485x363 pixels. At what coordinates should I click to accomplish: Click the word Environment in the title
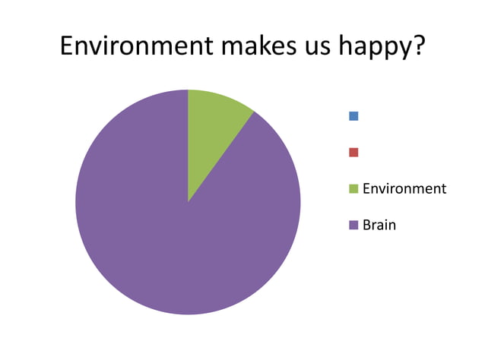click(135, 46)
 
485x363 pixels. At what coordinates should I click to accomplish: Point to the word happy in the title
click(375, 48)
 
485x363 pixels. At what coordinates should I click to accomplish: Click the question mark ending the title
click(417, 46)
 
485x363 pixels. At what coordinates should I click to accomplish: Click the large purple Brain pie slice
click(167, 228)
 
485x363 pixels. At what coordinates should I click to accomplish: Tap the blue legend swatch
click(353, 116)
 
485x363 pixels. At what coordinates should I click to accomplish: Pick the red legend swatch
click(353, 152)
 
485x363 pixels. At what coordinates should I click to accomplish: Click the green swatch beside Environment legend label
click(353, 188)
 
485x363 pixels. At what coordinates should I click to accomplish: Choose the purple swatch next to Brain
click(353, 225)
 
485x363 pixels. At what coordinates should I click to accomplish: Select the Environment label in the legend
click(404, 188)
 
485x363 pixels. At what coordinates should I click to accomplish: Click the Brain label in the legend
click(379, 225)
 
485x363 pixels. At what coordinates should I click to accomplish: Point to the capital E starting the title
click(67, 46)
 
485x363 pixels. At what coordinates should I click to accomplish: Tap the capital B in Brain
click(367, 225)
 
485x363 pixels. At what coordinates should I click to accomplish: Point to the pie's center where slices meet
click(188, 202)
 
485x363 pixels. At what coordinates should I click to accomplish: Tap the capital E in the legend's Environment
click(366, 188)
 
